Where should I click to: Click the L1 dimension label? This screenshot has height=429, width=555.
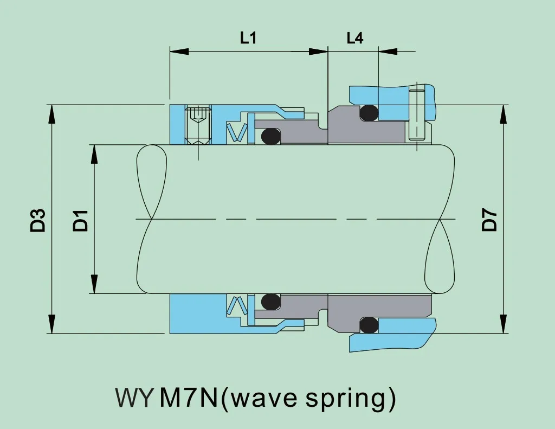248,39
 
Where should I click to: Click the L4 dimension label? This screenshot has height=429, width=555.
354,39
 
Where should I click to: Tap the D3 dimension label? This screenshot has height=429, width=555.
37,220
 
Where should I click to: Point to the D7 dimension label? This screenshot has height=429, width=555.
489,219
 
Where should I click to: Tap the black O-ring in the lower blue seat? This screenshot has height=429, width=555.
369,325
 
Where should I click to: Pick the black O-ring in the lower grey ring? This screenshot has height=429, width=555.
270,302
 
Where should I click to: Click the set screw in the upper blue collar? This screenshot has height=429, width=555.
198,125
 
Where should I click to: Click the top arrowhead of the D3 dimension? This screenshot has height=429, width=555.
52,114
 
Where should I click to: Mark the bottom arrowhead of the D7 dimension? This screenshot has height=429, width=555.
504,324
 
